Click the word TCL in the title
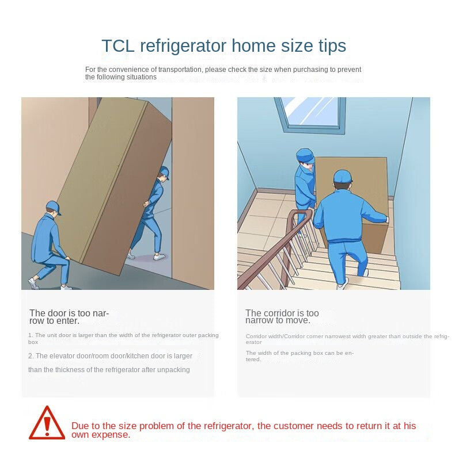[118, 46]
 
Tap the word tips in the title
[332, 46]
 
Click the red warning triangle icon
[47, 423]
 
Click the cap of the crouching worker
[54, 206]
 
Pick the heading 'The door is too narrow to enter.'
[69, 317]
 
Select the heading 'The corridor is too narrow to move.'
[282, 316]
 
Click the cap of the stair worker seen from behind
[343, 177]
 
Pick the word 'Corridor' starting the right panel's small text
[256, 336]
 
